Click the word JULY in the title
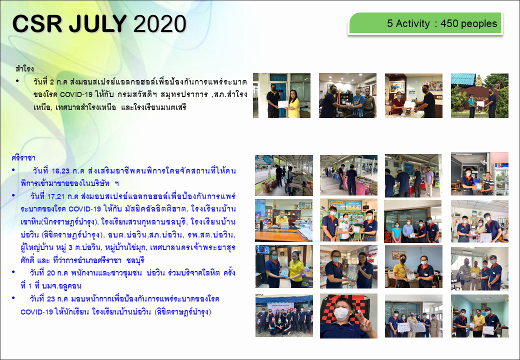coord(98,23)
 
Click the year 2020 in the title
coord(159,23)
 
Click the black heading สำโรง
coord(24,68)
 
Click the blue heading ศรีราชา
coord(23,158)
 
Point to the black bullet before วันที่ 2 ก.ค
coord(17,80)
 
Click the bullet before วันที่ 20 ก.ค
coord(13,272)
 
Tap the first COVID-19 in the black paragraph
coord(76,94)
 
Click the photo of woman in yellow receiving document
coord(282,95)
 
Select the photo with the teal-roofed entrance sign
coord(479,95)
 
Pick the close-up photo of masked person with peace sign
coord(348,316)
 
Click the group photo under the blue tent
coord(284,315)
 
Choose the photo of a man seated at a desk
coord(284,220)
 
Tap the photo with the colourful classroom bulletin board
coord(348,220)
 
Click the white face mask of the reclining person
coord(342,313)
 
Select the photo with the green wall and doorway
coord(479,316)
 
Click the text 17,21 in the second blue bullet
coord(56,196)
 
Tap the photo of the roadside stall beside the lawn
coord(284,175)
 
